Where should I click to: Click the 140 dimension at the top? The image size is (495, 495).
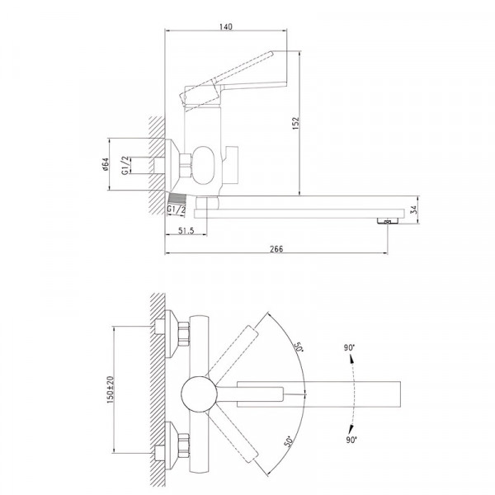(227, 26)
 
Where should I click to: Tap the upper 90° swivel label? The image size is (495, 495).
(351, 348)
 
